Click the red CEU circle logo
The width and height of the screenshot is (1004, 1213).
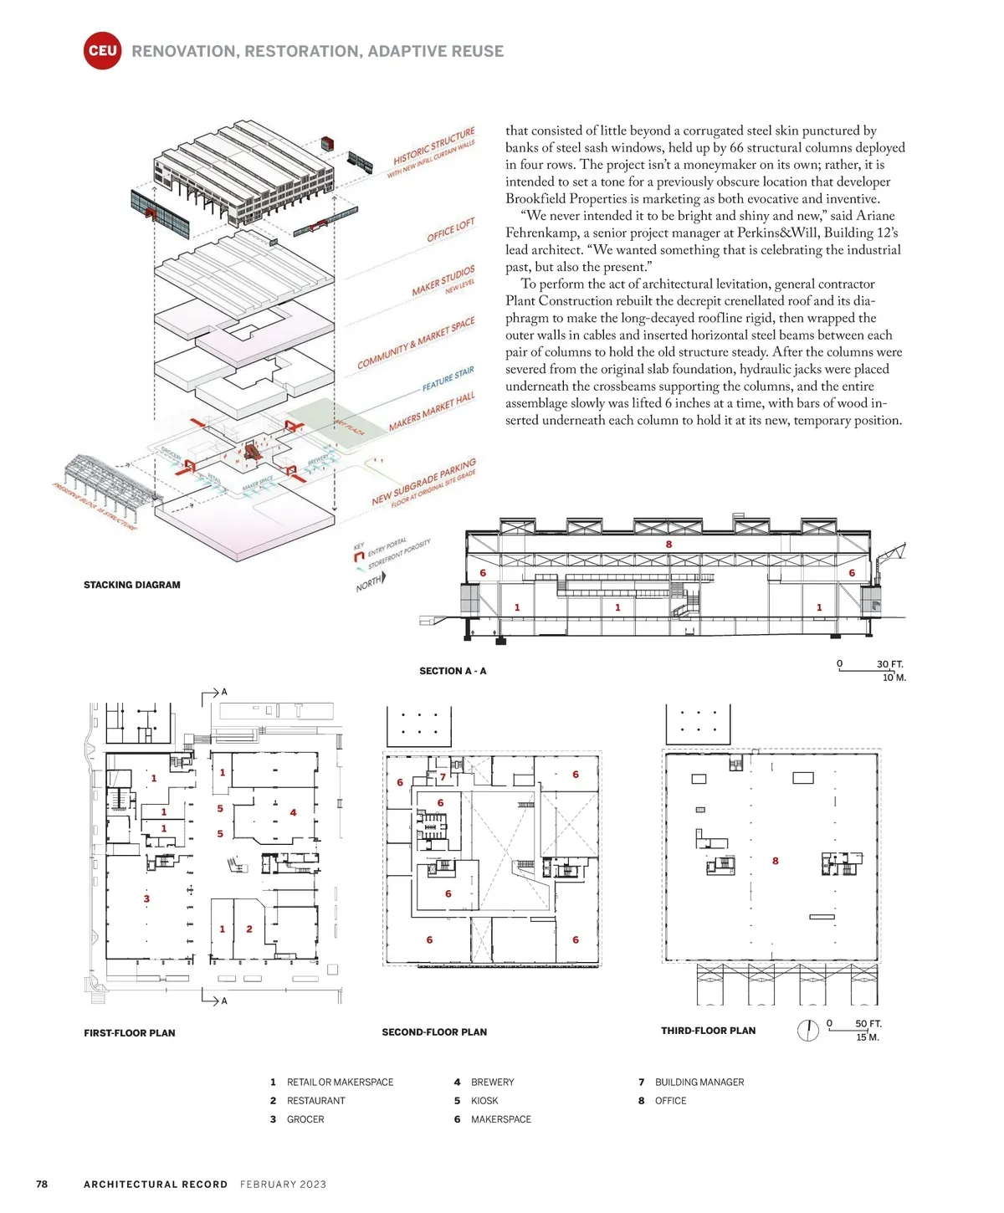click(103, 51)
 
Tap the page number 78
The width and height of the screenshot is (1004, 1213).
click(42, 1184)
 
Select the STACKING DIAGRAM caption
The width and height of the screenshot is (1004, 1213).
click(131, 585)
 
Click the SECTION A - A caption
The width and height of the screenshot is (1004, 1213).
click(453, 671)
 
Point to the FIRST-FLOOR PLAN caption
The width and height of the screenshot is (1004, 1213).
click(130, 1033)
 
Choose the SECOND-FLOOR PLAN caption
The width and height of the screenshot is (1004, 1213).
click(434, 1032)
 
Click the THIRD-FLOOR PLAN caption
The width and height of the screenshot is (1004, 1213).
click(708, 1031)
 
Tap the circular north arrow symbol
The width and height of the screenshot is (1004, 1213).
click(807, 1031)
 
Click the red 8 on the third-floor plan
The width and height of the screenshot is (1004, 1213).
click(776, 861)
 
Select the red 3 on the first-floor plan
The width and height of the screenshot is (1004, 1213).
click(146, 899)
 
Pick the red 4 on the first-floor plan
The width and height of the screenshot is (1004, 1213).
click(293, 812)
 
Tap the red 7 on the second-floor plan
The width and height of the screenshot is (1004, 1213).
click(443, 777)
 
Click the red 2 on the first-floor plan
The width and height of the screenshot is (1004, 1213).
click(249, 929)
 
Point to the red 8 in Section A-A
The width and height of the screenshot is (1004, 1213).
click(668, 545)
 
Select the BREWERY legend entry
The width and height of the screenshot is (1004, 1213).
click(492, 1082)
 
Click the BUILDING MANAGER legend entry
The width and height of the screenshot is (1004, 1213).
click(699, 1082)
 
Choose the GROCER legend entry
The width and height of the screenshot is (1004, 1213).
click(305, 1119)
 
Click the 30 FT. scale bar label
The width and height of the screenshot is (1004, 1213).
click(889, 664)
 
